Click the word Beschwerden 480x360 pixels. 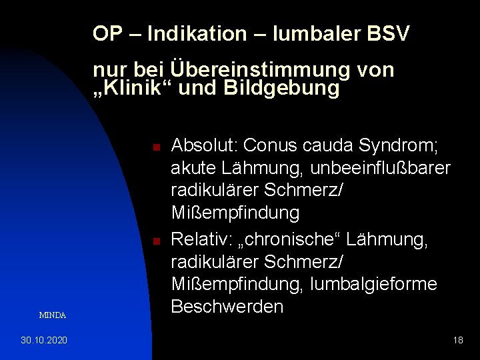(x=227, y=307)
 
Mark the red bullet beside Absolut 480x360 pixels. (x=154, y=146)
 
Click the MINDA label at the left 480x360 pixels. (x=52, y=315)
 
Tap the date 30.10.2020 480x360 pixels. (x=44, y=341)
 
